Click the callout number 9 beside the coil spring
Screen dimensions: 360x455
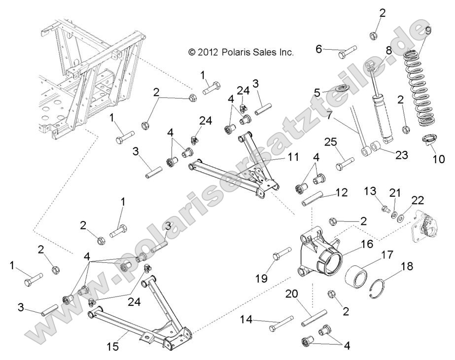point(428,31)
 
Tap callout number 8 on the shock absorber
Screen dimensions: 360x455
point(389,50)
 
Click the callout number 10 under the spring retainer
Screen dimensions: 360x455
point(438,159)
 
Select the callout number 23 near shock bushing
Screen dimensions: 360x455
point(402,154)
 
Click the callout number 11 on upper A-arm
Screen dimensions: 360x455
point(294,158)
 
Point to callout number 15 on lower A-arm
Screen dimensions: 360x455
point(113,347)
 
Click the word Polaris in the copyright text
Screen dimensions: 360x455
point(238,52)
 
